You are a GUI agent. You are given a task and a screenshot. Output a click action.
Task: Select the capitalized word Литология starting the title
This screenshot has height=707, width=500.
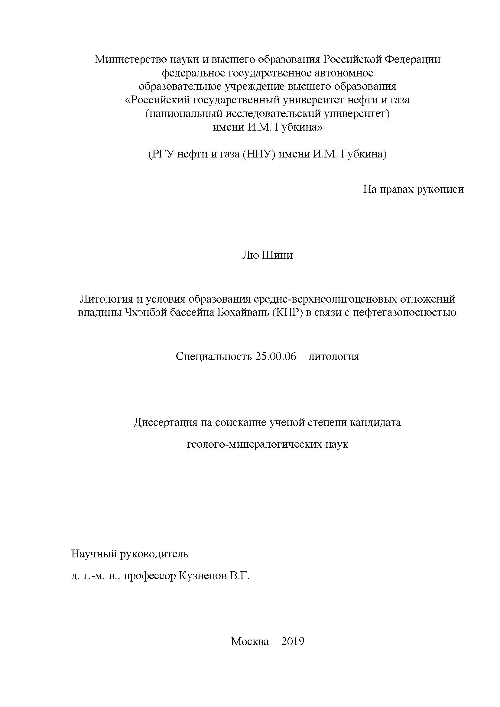click(104, 299)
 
